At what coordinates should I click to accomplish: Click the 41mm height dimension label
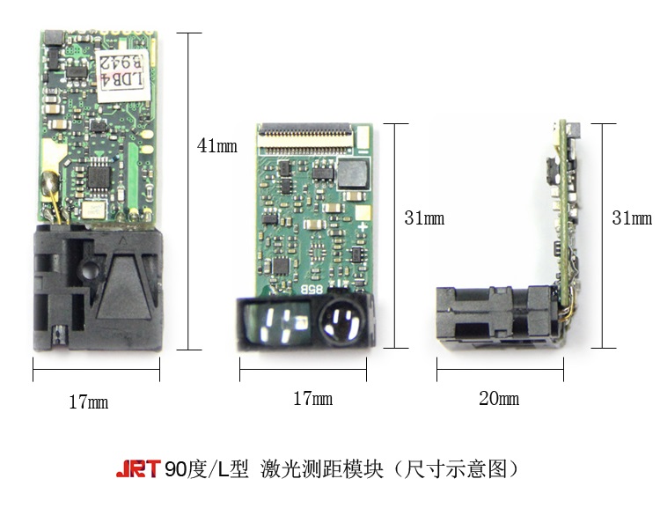pos(216,146)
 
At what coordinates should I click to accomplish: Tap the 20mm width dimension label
pos(498,399)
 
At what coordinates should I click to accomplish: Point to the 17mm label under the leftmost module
pos(89,402)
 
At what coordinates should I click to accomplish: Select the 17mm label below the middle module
pos(312,399)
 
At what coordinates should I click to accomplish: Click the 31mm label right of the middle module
pos(424,218)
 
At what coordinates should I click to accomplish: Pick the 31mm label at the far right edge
pos(632,218)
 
